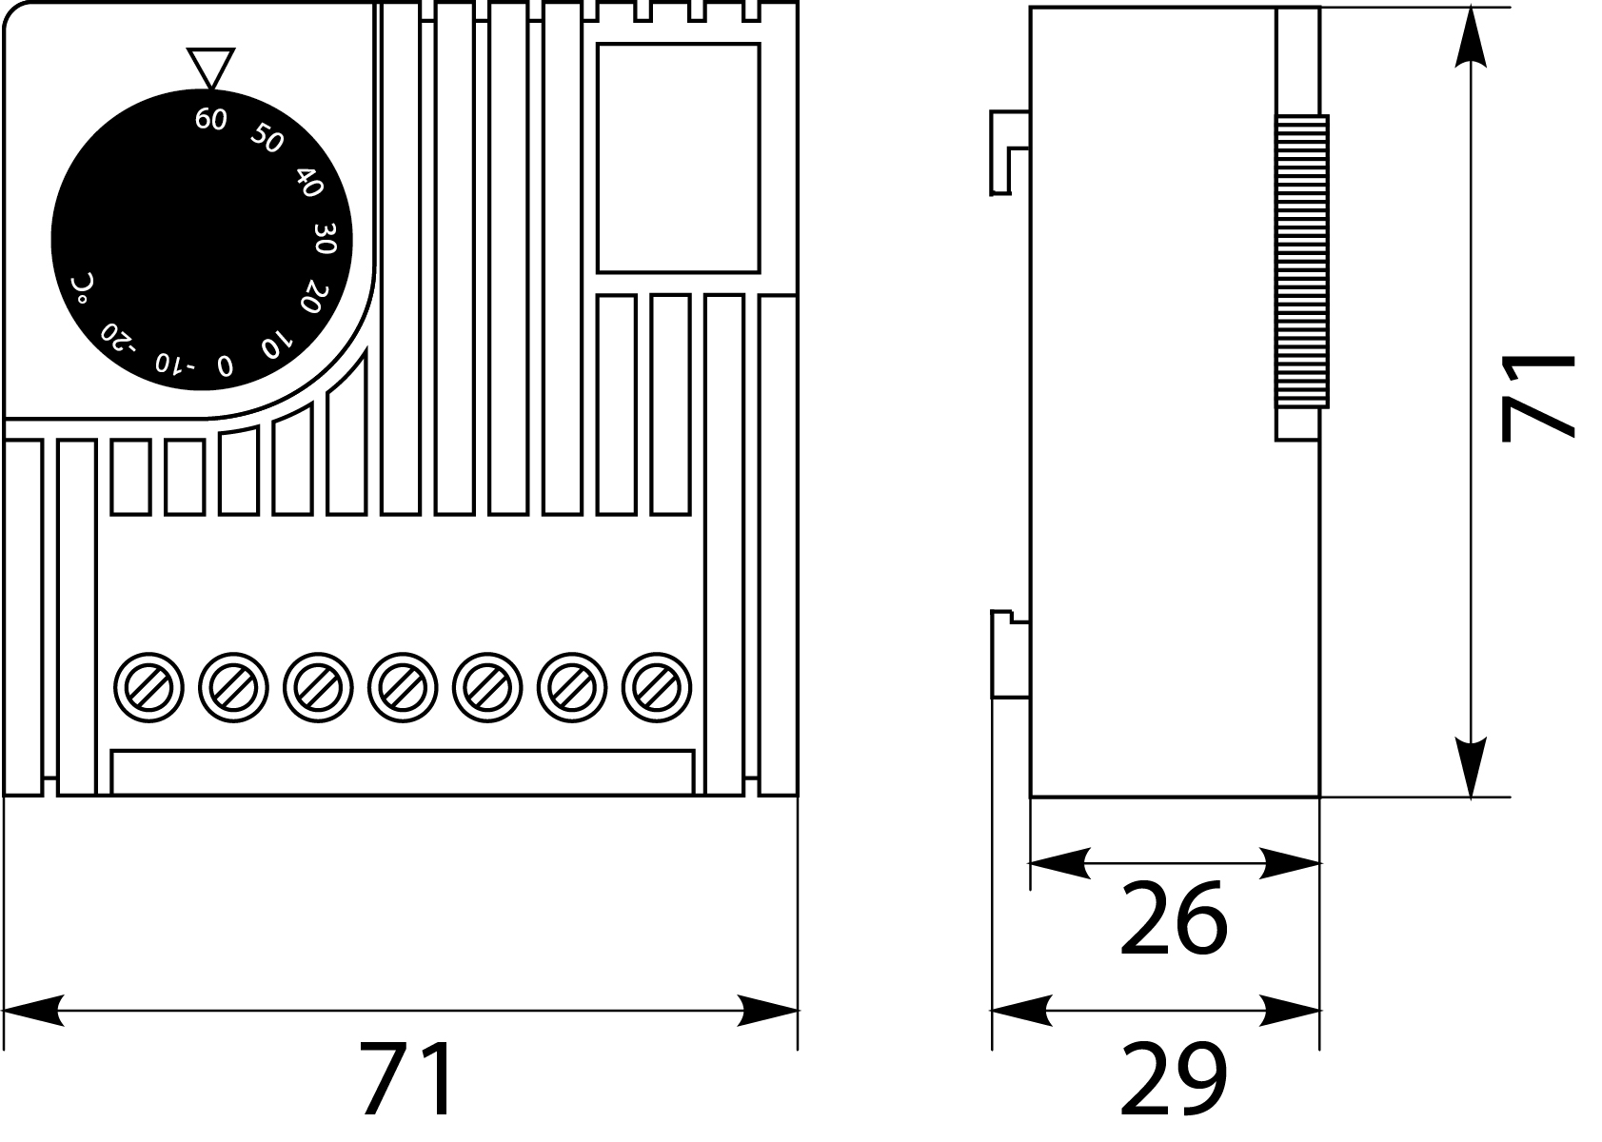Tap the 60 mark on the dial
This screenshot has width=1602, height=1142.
(x=210, y=120)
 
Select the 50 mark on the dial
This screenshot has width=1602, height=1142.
(x=267, y=140)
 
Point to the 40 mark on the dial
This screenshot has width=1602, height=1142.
(x=308, y=182)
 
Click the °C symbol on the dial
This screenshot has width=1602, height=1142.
(x=82, y=288)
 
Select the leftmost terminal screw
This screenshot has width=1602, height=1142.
(x=148, y=686)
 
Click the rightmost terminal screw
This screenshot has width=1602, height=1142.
(x=657, y=686)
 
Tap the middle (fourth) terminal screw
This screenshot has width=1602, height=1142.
(x=403, y=686)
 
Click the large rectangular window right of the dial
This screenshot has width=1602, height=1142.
(x=678, y=158)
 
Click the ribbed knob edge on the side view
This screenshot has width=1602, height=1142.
(x=1301, y=263)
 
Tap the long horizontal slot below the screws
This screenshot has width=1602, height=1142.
(x=403, y=772)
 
